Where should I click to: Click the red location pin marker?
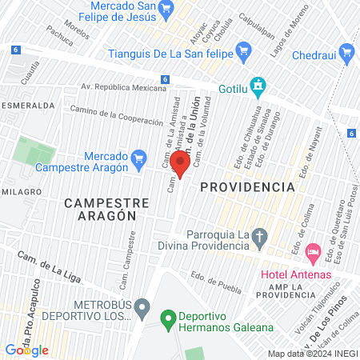tap(180, 165)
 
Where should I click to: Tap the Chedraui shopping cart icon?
tap(346, 54)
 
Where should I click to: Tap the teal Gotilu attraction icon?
tap(258, 84)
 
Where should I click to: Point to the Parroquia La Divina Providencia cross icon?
tap(258, 237)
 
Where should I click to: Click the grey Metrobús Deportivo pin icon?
tap(142, 306)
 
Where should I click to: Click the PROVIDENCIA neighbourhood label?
tap(247, 186)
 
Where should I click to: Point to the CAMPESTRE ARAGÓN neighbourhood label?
tap(101, 210)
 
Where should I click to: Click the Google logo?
tap(26, 350)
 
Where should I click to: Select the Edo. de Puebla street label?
tap(216, 279)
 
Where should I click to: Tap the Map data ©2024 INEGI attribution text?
tap(312, 354)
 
